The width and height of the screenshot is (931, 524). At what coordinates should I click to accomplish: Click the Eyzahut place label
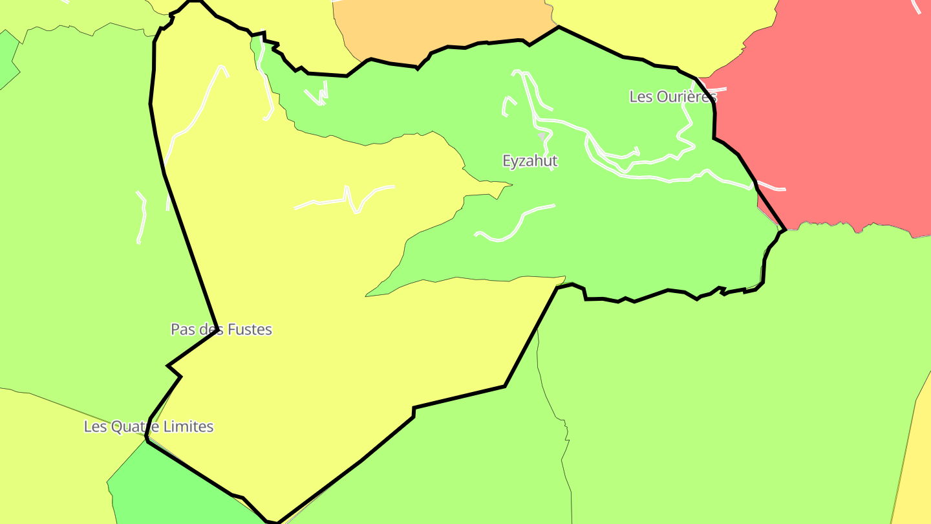(530, 161)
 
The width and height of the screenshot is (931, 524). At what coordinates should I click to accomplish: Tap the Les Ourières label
(673, 97)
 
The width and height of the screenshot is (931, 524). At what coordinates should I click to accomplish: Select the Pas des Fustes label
(221, 329)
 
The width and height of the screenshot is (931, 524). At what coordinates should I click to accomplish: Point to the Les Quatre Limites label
(149, 427)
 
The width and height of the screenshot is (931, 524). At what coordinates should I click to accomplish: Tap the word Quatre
(136, 427)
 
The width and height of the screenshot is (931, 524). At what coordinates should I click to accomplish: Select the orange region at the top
(440, 26)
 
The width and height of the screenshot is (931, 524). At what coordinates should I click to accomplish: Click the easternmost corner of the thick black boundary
(785, 229)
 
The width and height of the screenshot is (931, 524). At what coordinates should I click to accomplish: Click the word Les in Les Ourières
(641, 97)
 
